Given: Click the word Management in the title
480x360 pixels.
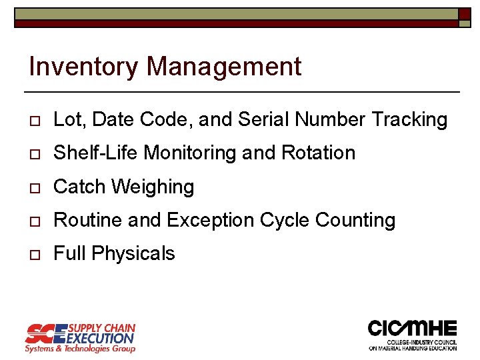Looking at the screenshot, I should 224,67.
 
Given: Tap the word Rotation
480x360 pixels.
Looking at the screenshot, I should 318,153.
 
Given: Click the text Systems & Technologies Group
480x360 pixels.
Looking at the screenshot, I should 80,348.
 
